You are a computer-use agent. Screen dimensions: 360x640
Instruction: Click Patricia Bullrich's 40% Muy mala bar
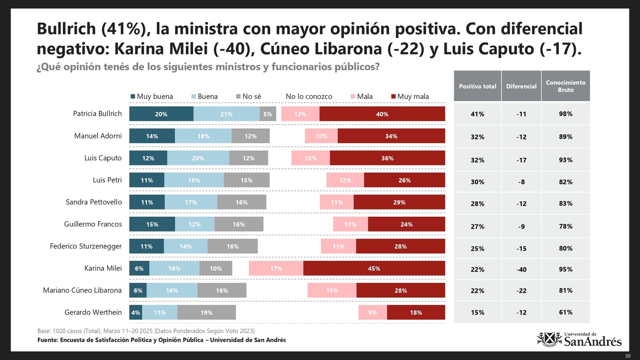point(382,114)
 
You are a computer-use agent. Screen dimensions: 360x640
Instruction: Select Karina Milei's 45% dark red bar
point(374,268)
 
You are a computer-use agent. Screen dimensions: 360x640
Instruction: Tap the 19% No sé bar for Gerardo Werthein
point(206,312)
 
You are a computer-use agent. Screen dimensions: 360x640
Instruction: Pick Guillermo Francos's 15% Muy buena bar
point(152,224)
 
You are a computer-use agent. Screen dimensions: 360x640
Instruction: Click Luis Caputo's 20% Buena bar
point(198,158)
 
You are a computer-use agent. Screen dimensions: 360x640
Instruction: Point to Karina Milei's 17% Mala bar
point(276,268)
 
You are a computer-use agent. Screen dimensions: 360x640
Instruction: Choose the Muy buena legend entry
point(152,96)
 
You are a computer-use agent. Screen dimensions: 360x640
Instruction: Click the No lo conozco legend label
point(309,96)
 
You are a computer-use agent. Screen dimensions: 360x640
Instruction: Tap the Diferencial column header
point(521,86)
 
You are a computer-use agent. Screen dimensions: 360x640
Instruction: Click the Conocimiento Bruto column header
point(566,86)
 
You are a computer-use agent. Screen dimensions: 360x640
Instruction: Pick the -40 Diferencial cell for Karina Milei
point(521,270)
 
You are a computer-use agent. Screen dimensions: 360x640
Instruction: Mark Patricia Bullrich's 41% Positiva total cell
point(478,114)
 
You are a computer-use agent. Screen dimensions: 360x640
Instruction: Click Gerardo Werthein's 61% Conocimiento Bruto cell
point(566,312)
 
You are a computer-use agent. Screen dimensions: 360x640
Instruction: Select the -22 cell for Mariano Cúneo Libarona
point(521,291)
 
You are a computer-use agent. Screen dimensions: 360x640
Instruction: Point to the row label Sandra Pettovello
point(94,202)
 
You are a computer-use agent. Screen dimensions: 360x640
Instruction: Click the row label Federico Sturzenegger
point(86,246)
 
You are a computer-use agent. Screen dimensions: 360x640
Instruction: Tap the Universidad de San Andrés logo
point(579,340)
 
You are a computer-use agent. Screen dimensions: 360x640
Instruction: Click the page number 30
point(628,356)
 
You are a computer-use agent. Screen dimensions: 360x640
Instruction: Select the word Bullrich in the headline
point(66,29)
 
